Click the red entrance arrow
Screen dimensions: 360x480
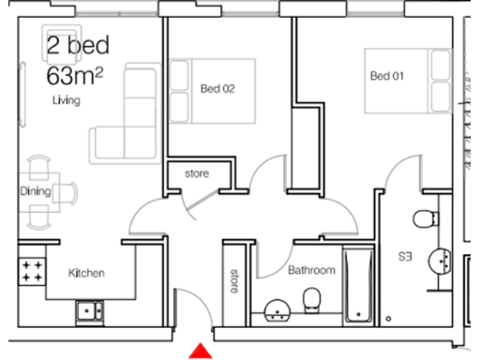[199, 352]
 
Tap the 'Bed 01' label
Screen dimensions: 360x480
[386, 75]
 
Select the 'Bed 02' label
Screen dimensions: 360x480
[217, 89]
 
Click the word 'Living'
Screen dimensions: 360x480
[66, 99]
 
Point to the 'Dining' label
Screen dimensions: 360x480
[35, 191]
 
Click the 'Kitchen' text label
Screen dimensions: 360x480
[86, 274]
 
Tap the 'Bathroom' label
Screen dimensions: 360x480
[311, 270]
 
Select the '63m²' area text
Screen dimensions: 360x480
[75, 72]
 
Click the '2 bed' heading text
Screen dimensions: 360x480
[77, 44]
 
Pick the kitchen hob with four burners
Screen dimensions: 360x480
[32, 272]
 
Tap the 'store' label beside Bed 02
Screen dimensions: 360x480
[197, 174]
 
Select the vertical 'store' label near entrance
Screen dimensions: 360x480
[234, 281]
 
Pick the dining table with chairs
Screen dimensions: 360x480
[39, 192]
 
